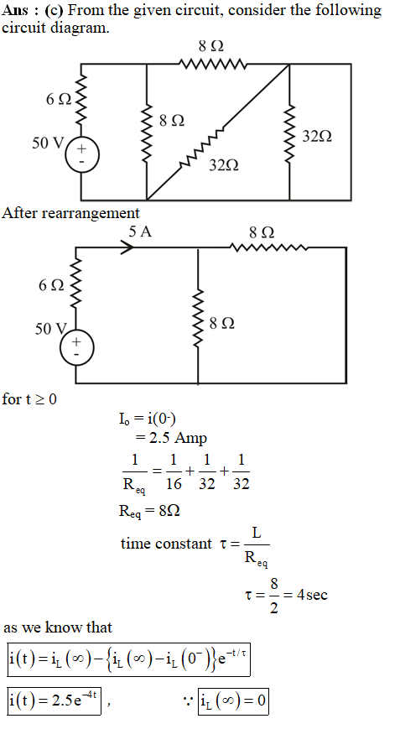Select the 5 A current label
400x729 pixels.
pos(140,232)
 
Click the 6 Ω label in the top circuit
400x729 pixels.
pos(59,99)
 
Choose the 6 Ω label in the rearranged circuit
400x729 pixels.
pos(51,285)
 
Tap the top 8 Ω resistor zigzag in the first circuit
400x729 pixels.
pos(211,64)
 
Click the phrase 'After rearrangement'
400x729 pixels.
pos(70,213)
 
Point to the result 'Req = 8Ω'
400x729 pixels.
pos(149,512)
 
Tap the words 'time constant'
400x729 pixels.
pos(166,543)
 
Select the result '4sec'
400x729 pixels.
pos(312,595)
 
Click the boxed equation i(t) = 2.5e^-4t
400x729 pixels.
pos(55,700)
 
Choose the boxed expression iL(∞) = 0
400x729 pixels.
pos(233,700)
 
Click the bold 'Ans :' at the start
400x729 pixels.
pos(20,10)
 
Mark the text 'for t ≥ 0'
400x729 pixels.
pos(29,399)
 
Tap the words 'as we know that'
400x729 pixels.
pos(58,627)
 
